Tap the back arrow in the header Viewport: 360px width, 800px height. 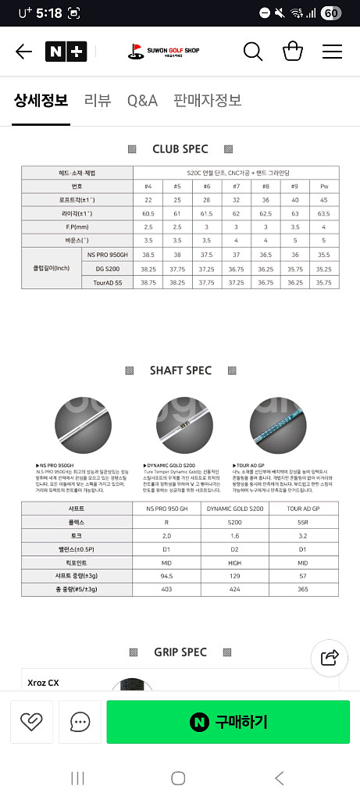click(23, 52)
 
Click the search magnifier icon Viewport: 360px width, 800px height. click(253, 52)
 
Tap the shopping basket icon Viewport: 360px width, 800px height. click(293, 52)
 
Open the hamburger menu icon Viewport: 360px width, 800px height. click(332, 52)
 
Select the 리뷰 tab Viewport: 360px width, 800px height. click(98, 100)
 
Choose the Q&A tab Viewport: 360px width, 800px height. click(142, 100)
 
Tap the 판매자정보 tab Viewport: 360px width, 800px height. click(207, 100)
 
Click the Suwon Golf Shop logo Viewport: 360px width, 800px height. click(164, 52)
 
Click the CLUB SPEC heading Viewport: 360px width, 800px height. click(180, 148)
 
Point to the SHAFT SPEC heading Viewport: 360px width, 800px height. click(180, 370)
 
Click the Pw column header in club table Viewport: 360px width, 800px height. click(324, 186)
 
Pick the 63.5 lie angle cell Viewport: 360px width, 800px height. click(324, 213)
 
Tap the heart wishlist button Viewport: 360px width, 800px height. click(31, 721)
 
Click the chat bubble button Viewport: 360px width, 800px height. click(80, 721)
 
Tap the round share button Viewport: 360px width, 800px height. click(330, 657)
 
